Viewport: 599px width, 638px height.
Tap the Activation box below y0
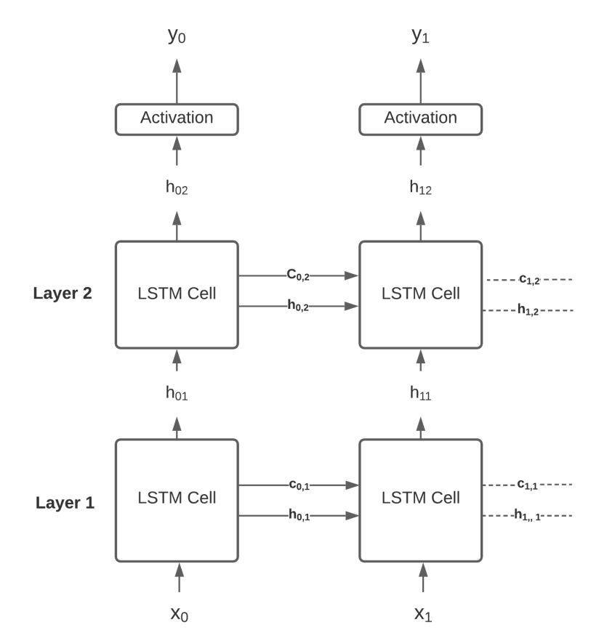click(x=177, y=118)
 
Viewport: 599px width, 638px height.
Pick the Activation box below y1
click(x=421, y=118)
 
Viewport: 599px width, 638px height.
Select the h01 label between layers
click(x=177, y=394)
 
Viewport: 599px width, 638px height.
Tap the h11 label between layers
click(x=421, y=394)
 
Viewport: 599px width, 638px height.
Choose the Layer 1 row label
click(x=65, y=502)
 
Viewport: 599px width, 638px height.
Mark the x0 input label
click(x=177, y=614)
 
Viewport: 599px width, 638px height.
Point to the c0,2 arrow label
click(x=297, y=275)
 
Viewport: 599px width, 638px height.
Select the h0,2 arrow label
click(x=297, y=307)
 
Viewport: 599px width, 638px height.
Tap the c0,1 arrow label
click(x=297, y=485)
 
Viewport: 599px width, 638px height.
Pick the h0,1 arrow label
click(x=297, y=516)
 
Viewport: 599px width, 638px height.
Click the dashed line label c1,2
click(x=529, y=279)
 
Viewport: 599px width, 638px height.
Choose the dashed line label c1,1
click(x=529, y=484)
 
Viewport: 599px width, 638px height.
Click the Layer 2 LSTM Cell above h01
click(x=177, y=294)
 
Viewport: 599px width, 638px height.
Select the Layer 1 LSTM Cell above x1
click(x=421, y=499)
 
